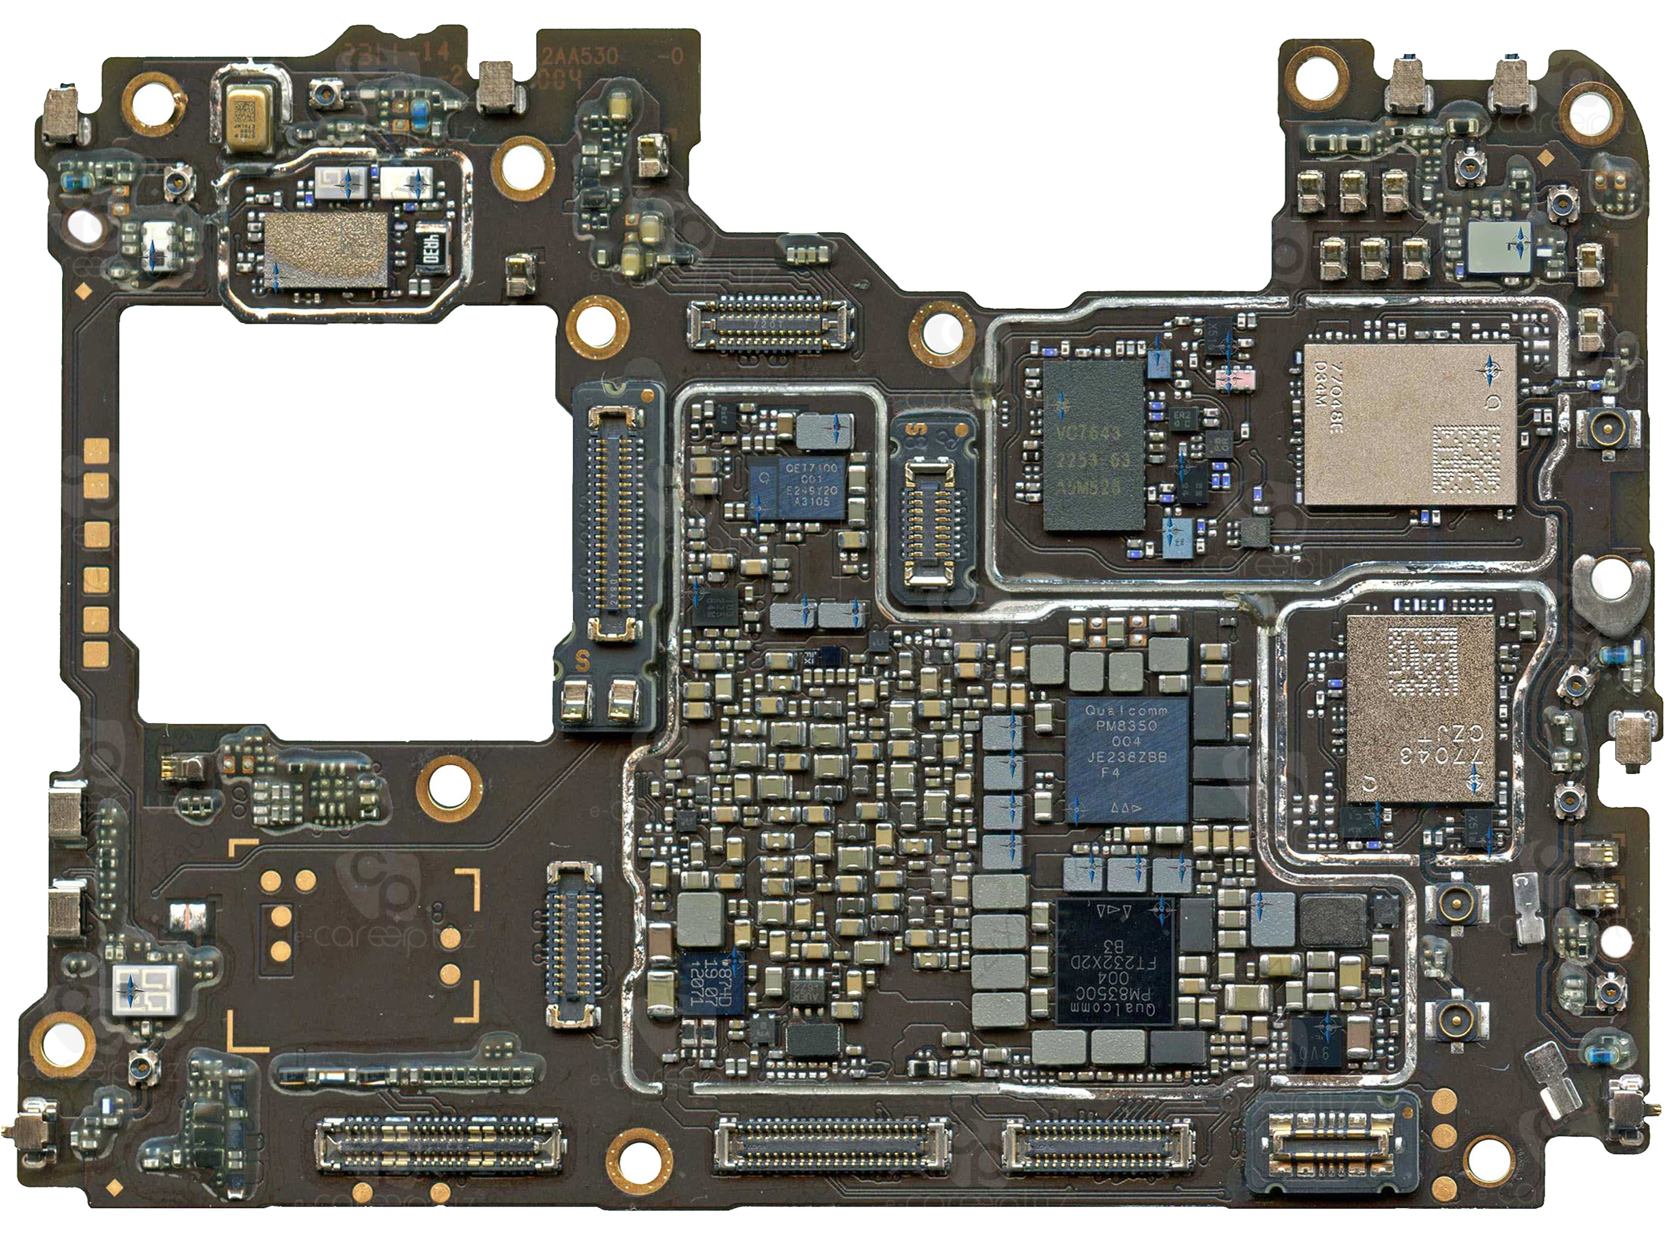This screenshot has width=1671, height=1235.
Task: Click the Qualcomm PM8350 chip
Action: (1127, 759)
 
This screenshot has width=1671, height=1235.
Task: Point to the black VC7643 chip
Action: (1094, 446)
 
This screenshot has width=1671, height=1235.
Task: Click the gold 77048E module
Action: (1410, 424)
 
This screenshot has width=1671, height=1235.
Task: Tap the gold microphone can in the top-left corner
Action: (244, 118)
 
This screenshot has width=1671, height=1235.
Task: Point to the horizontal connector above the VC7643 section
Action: (769, 323)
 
